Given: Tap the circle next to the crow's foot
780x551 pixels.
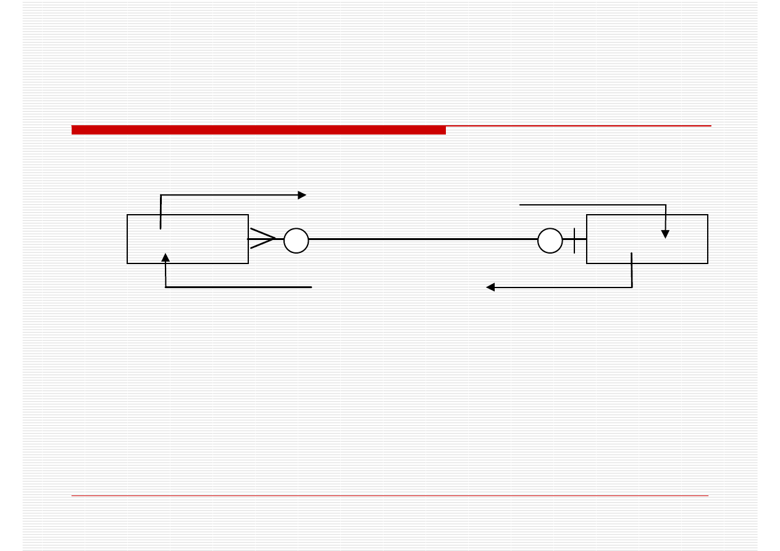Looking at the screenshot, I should click(296, 241).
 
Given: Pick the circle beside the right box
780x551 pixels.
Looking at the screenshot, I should click(550, 241).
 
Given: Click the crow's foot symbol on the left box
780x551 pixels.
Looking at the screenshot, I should click(262, 239).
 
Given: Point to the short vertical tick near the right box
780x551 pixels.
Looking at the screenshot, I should click(574, 240).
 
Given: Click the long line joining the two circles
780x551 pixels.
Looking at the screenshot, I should click(423, 239).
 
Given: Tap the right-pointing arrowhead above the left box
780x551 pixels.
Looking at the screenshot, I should click(302, 195).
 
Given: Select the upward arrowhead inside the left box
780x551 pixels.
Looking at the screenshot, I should click(166, 257).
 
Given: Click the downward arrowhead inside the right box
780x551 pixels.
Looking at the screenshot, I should click(665, 234).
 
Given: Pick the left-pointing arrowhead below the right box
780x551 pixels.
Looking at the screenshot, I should click(490, 287).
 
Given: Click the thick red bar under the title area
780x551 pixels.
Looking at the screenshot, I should click(258, 130).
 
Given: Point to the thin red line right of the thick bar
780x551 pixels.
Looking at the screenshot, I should click(578, 126).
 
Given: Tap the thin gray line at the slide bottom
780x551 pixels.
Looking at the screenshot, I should click(390, 495).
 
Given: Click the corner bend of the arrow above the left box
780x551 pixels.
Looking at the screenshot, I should click(161, 196).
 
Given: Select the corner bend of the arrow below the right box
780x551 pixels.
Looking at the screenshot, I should click(632, 287).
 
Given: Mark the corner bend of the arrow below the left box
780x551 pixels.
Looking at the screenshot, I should click(166, 287).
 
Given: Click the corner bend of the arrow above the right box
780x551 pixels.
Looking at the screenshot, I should click(665, 204).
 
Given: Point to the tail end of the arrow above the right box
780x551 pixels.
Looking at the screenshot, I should click(521, 204).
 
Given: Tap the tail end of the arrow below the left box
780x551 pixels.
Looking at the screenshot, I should click(311, 287).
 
